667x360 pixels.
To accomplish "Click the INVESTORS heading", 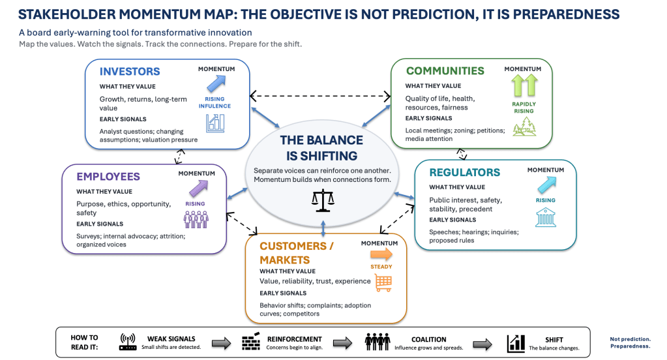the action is (x=130, y=72).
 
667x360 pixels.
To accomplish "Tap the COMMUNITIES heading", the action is (x=445, y=70).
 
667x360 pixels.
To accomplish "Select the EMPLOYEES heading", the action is (x=108, y=177).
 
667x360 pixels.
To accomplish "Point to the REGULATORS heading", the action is (x=464, y=172).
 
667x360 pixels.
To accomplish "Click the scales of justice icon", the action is (x=323, y=200).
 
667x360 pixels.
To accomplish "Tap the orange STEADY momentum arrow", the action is (x=381, y=254).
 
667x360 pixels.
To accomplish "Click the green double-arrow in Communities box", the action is (x=524, y=85).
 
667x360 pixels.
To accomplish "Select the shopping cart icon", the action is (x=383, y=283).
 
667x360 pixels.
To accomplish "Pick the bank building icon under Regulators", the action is (x=545, y=217).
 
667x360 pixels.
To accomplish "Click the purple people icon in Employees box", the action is (x=196, y=220).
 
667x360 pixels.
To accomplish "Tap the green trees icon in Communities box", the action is (x=524, y=127).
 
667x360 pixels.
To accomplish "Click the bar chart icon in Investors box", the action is (x=215, y=123).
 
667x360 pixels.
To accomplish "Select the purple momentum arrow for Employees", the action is (x=198, y=188).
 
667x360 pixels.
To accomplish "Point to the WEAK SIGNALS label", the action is (x=171, y=338).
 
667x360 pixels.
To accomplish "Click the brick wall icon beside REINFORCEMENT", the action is (x=251, y=341).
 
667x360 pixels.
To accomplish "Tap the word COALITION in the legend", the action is (x=429, y=340).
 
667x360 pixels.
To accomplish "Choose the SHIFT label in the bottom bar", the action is (x=554, y=340).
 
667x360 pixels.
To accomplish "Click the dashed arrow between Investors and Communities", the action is (x=320, y=96).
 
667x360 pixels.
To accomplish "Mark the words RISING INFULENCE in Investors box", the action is (x=215, y=102).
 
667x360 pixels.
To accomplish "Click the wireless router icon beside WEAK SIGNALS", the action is (x=128, y=342).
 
